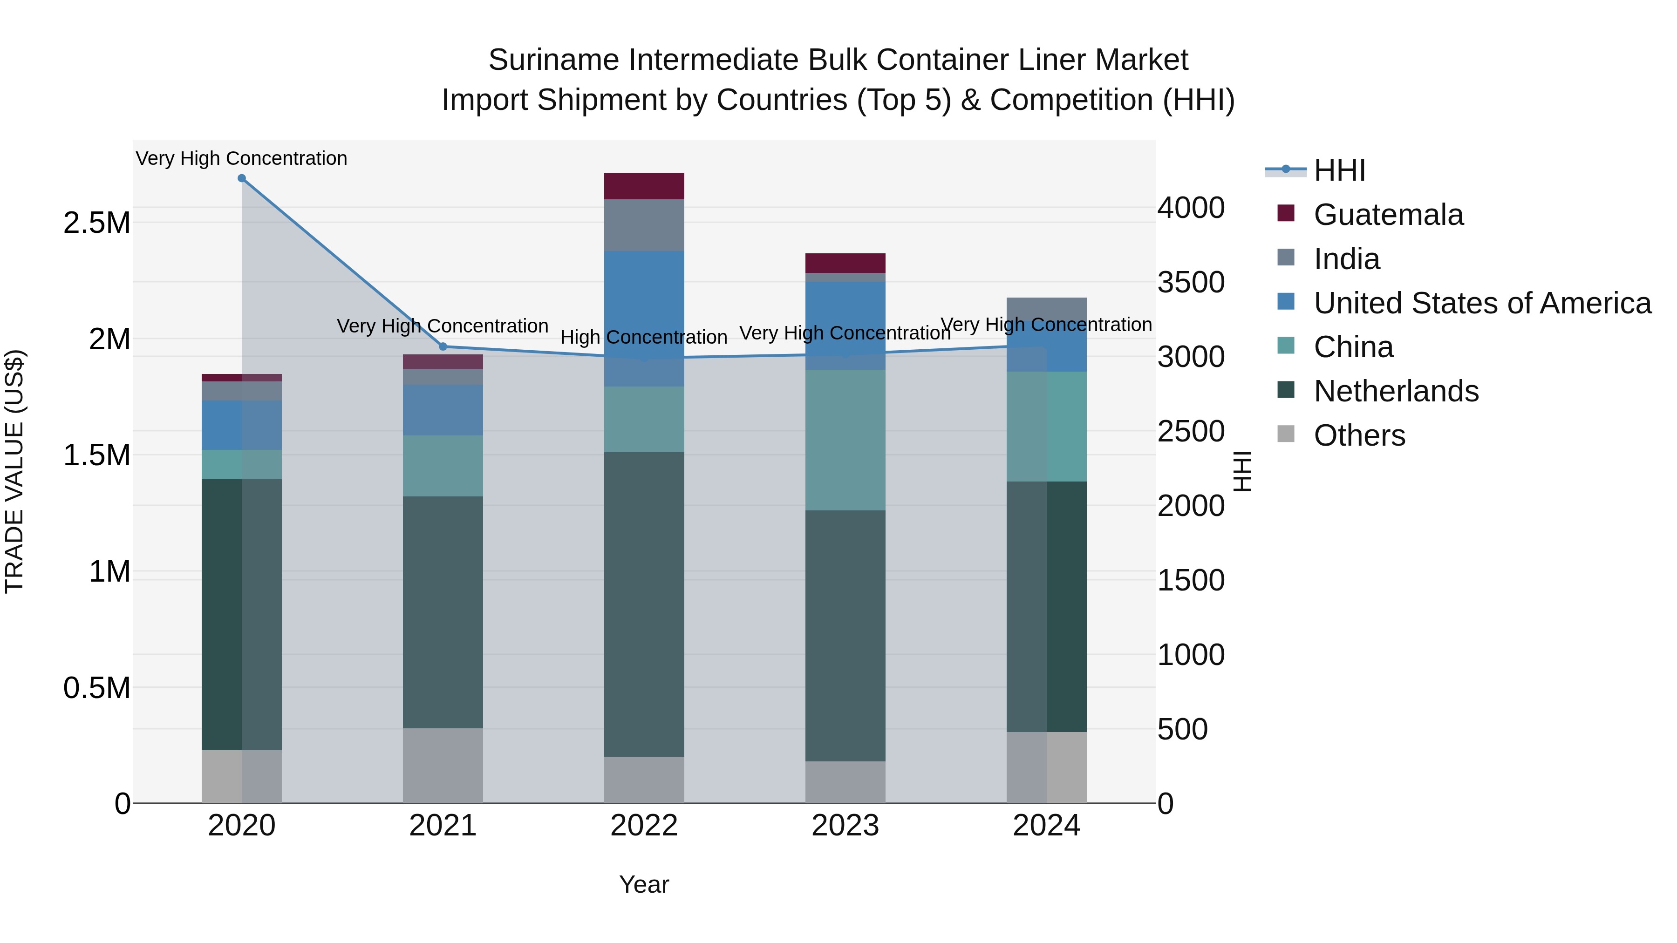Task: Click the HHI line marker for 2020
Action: point(241,178)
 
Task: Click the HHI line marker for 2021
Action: point(443,346)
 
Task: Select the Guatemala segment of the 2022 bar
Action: point(644,186)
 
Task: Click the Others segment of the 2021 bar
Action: point(443,765)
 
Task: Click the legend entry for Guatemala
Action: point(1388,215)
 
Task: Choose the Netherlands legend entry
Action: point(1396,391)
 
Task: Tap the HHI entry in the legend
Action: point(1339,170)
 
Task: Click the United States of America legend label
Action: point(1482,303)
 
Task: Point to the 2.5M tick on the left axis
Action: point(97,223)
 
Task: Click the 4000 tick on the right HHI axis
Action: point(1191,208)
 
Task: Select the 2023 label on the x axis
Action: point(845,826)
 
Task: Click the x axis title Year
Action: point(644,884)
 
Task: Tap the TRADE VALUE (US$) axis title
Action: point(14,471)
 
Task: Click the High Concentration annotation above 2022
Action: point(644,337)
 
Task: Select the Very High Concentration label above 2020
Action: point(241,158)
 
